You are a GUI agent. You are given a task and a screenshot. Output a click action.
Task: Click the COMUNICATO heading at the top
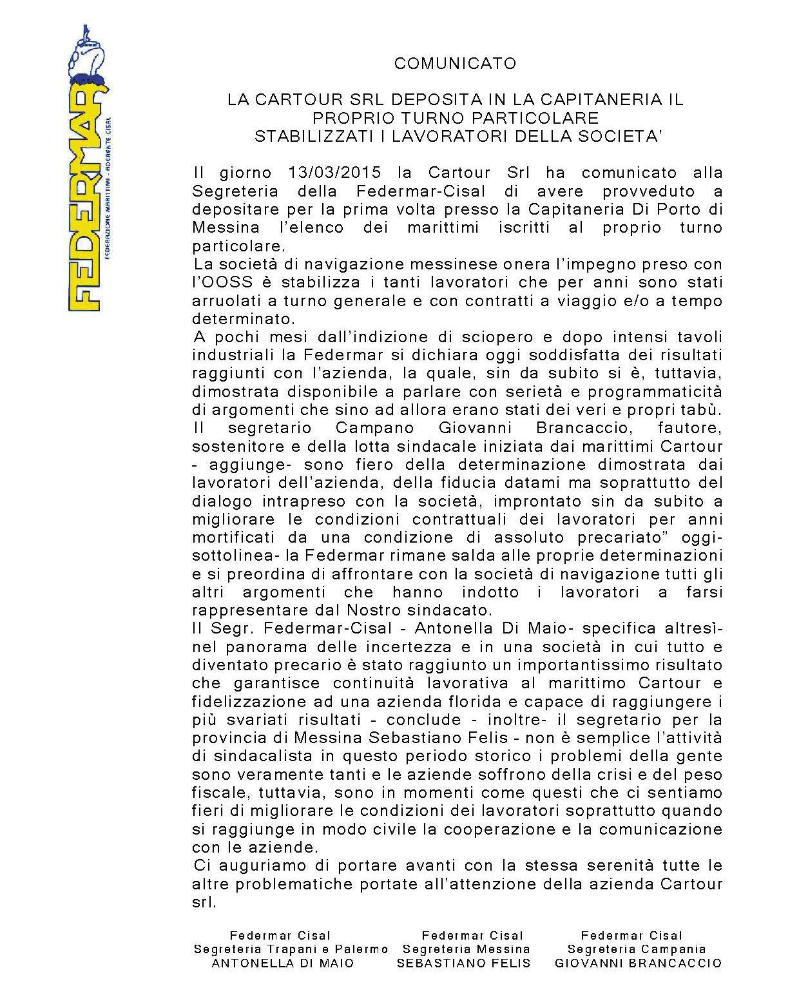pos(455,63)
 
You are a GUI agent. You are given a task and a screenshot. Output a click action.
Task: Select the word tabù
pos(705,410)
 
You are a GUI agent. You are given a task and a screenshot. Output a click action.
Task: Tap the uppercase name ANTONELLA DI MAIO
pos(283,963)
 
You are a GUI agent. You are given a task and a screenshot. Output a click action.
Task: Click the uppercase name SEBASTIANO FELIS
pos(463,963)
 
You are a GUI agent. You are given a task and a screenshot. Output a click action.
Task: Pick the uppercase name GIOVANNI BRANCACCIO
pos(638,963)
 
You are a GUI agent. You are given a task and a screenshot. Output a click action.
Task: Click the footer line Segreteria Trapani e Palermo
pos(291,949)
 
